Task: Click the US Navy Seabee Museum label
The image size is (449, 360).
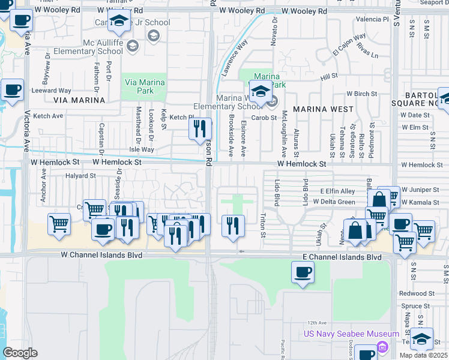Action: point(351,334)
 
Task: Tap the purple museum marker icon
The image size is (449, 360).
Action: point(382,346)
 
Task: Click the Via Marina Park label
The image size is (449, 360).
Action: point(139,86)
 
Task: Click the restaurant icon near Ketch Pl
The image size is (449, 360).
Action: point(199,128)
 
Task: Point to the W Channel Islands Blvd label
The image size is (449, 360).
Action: point(101,255)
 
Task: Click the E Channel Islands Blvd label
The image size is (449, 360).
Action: point(341,257)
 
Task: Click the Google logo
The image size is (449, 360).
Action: point(20,353)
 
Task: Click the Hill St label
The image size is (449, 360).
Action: point(329,77)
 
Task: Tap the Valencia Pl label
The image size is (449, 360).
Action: point(372,20)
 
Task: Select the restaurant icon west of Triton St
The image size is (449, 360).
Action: point(232,225)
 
